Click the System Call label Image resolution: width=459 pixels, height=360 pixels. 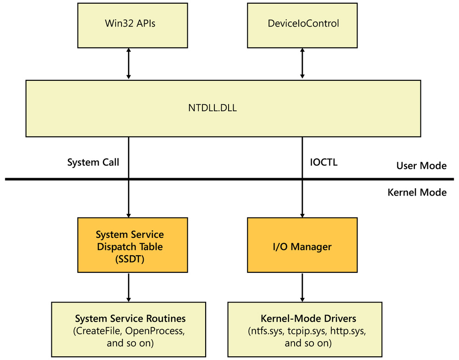pyautogui.click(x=93, y=162)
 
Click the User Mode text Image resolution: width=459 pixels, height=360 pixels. pyautogui.click(x=421, y=165)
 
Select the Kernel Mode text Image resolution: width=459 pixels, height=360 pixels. pyautogui.click(x=417, y=192)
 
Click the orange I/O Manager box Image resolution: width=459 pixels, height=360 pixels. pyautogui.click(x=302, y=247)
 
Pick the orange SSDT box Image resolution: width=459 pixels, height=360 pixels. pyautogui.click(x=129, y=247)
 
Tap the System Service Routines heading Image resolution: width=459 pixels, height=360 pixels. pyautogui.click(x=130, y=318)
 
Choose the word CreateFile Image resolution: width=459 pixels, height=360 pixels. pyautogui.click(x=98, y=331)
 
